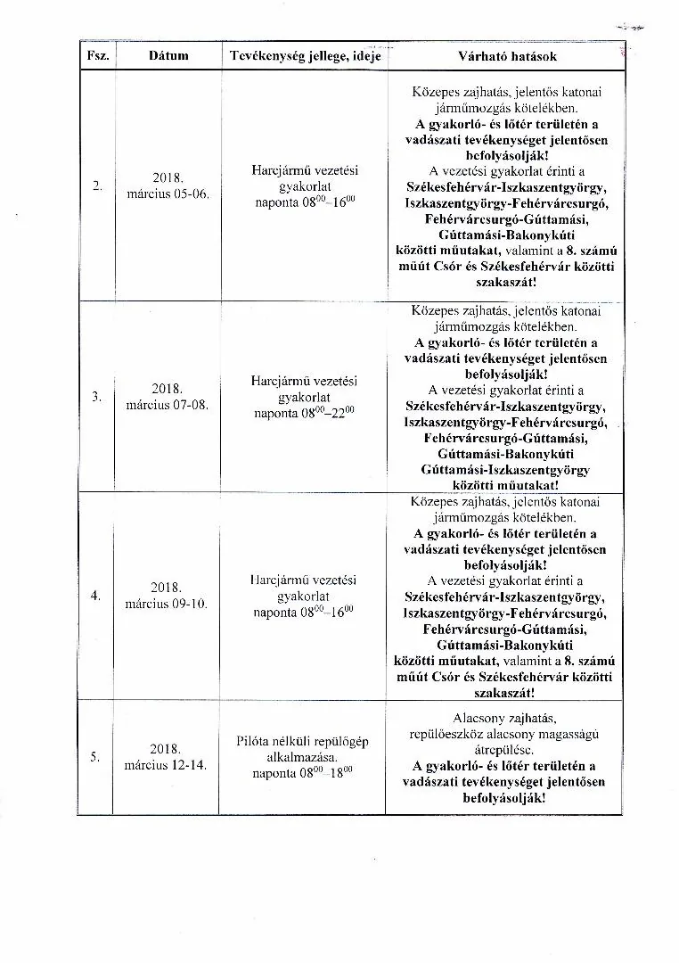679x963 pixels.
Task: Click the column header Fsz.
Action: (98, 56)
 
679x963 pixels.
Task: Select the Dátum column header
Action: (168, 56)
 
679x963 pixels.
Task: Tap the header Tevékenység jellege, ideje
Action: (305, 56)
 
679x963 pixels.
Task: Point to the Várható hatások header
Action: (506, 56)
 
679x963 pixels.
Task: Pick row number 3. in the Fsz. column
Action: (97, 397)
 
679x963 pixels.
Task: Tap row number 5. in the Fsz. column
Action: (95, 757)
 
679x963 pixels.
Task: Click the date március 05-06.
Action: (168, 194)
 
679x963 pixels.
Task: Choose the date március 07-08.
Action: (167, 405)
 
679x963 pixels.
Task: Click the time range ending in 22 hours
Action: (304, 413)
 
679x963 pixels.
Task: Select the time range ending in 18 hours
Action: (303, 773)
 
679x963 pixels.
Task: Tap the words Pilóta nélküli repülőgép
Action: (303, 741)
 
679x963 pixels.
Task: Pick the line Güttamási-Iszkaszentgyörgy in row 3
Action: (505, 469)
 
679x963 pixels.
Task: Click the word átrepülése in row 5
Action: (504, 750)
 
